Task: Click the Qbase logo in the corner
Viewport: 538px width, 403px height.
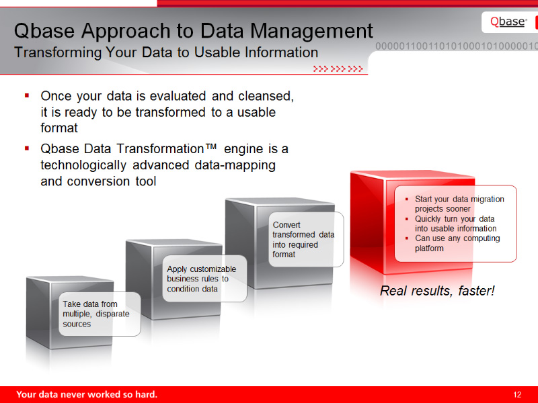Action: click(x=508, y=22)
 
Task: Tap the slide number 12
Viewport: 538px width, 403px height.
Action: click(x=517, y=394)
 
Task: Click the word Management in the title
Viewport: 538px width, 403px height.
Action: click(x=311, y=31)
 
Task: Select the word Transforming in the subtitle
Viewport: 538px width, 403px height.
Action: click(x=58, y=53)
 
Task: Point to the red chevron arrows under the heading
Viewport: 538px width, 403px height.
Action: click(x=338, y=69)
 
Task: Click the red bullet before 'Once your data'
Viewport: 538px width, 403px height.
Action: click(x=27, y=95)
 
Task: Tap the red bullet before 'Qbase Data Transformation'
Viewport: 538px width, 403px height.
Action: click(x=27, y=148)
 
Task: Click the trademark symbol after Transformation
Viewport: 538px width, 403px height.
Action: click(x=210, y=146)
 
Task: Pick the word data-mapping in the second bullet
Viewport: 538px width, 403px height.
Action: click(x=235, y=165)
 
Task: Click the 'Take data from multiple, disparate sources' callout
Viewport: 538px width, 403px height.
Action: click(x=100, y=314)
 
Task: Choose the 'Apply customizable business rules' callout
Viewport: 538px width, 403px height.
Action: click(x=204, y=279)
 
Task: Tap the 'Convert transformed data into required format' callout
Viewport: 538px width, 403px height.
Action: click(x=306, y=239)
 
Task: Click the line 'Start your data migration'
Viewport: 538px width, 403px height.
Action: click(x=459, y=199)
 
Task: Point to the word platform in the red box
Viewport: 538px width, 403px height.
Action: click(x=429, y=249)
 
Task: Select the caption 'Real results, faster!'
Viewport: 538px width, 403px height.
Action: click(x=437, y=291)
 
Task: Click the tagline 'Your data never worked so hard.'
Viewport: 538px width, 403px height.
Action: click(x=87, y=394)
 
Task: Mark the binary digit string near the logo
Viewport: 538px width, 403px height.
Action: click(x=457, y=46)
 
